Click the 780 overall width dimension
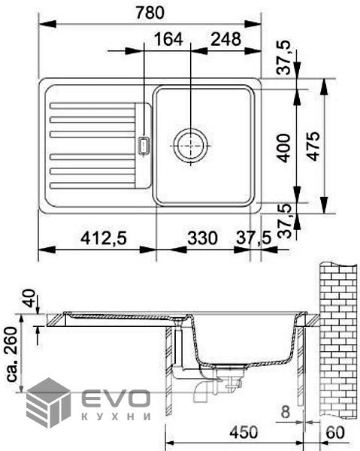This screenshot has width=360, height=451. click(150, 13)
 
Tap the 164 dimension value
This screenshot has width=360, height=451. click(168, 39)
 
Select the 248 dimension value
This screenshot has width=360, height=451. click(225, 39)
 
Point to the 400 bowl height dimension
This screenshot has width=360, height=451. click(283, 148)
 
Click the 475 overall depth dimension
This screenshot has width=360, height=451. click(313, 146)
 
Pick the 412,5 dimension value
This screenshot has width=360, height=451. click(104, 238)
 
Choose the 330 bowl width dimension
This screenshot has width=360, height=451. click(202, 238)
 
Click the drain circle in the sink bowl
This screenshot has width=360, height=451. click(190, 145)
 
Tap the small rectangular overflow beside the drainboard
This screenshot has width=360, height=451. click(144, 146)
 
